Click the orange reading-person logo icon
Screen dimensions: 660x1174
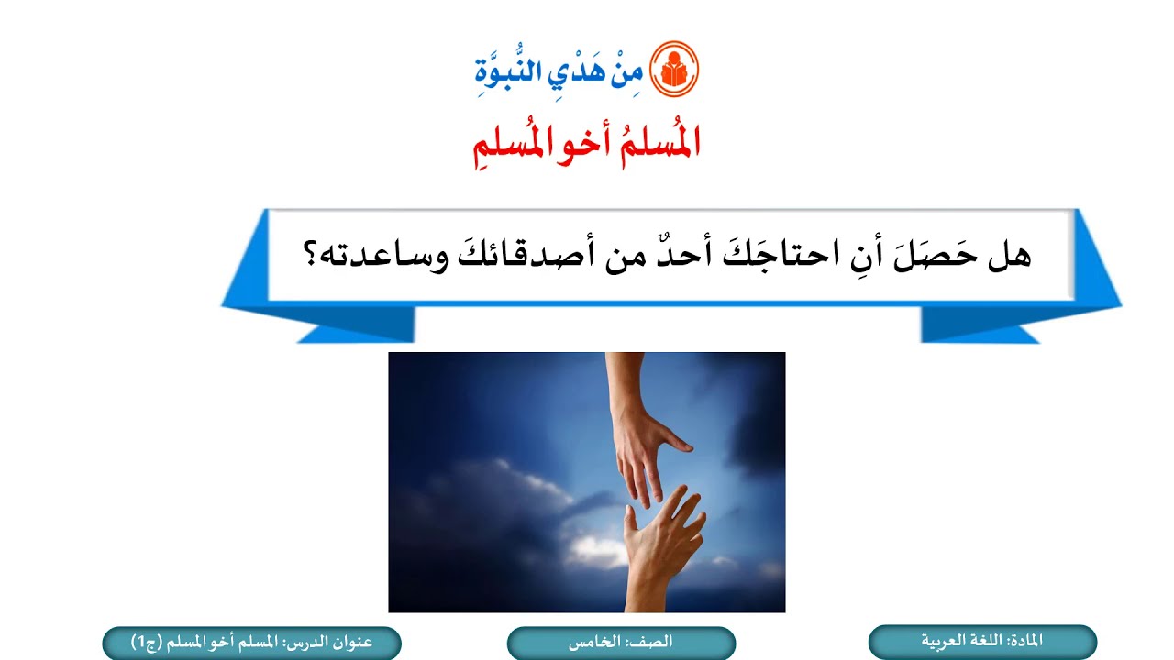[674, 70]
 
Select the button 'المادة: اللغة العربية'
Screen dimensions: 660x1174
[982, 642]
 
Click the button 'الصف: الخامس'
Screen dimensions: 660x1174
[621, 643]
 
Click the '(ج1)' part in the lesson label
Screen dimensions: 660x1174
[147, 643]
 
